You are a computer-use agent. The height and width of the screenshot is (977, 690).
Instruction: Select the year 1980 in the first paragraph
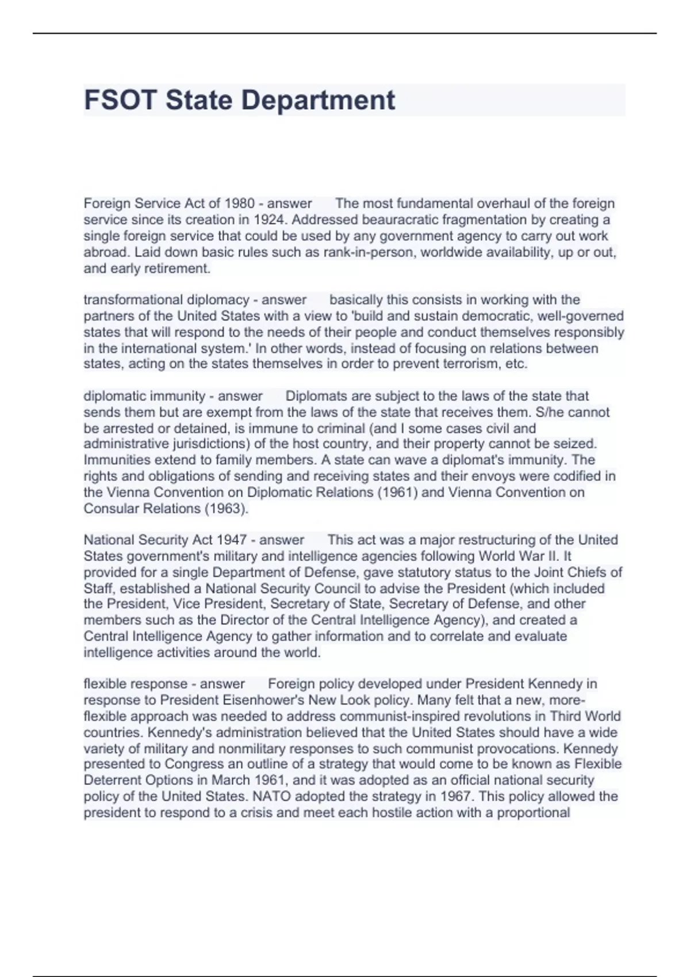[239, 203]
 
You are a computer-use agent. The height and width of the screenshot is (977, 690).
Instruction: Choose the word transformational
[132, 300]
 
